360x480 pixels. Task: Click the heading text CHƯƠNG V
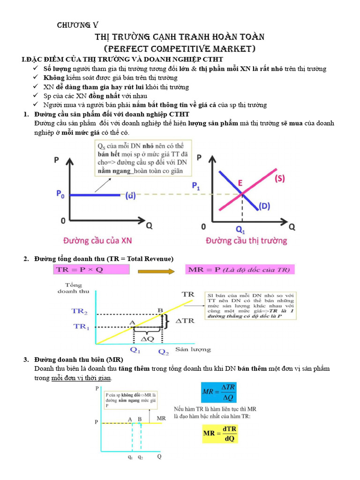click(x=78, y=25)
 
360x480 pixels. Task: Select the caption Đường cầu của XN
click(x=97, y=241)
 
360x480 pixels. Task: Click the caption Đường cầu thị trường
click(x=246, y=241)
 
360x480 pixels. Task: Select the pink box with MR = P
click(x=240, y=270)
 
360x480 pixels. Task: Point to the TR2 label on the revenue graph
click(x=80, y=311)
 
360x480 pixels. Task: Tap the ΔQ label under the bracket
click(x=148, y=338)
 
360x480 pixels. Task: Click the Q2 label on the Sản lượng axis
click(x=163, y=351)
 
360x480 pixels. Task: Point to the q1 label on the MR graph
click(x=130, y=457)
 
